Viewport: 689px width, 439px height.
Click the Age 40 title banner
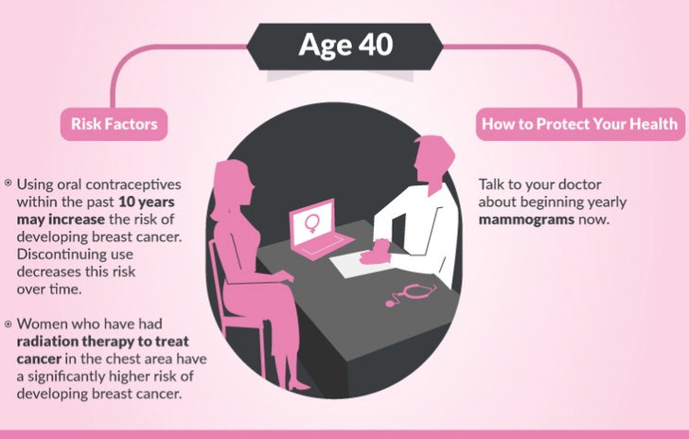pos(344,46)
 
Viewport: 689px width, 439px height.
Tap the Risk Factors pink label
pos(114,124)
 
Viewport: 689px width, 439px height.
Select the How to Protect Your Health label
pos(580,124)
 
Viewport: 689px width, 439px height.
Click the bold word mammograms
pos(526,219)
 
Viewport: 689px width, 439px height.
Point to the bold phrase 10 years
pos(147,202)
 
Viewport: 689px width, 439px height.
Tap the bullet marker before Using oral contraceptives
pos(8,183)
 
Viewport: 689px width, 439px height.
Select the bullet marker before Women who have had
pos(8,325)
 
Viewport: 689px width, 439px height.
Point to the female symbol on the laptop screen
pos(312,223)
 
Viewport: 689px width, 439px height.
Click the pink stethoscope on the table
pos(411,294)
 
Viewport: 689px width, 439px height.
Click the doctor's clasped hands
pos(376,253)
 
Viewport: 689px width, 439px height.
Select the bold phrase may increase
pos(61,219)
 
